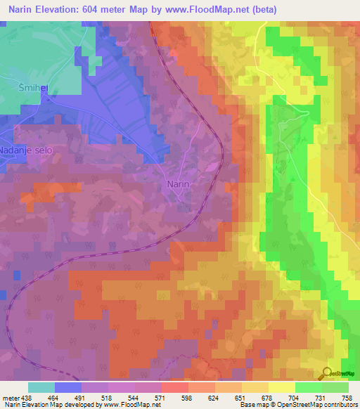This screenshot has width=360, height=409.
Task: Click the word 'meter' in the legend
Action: pyautogui.click(x=10, y=397)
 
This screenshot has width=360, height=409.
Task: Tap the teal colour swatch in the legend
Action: pyautogui.click(x=41, y=387)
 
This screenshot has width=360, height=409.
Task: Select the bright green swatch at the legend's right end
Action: pyautogui.click(x=335, y=387)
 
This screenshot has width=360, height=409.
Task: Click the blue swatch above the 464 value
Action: pyautogui.click(x=68, y=387)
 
